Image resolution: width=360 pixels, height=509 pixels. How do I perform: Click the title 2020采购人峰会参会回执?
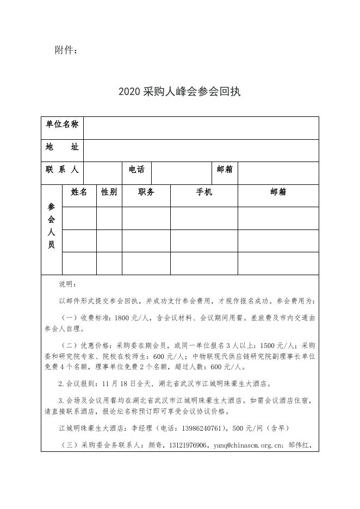[x=179, y=91]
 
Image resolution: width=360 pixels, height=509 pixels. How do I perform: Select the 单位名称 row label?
[x=62, y=125]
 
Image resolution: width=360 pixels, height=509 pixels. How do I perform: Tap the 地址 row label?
[x=62, y=147]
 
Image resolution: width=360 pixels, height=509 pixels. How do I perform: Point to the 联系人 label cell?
[x=62, y=170]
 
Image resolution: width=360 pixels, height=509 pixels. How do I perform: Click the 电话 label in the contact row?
[x=136, y=170]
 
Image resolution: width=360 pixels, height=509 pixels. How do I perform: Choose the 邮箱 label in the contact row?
[x=225, y=170]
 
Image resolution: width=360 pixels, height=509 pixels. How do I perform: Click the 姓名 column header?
[x=79, y=192]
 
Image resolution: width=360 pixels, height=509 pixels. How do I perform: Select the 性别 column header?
[x=109, y=192]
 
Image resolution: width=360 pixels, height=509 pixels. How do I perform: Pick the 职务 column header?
[x=146, y=192]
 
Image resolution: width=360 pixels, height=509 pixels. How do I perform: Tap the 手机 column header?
[x=204, y=192]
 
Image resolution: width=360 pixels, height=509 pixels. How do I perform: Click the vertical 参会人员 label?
[x=52, y=226]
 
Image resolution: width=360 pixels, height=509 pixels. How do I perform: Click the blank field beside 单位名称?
[x=201, y=128]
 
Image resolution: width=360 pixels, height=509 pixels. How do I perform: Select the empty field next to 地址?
[x=201, y=151]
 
